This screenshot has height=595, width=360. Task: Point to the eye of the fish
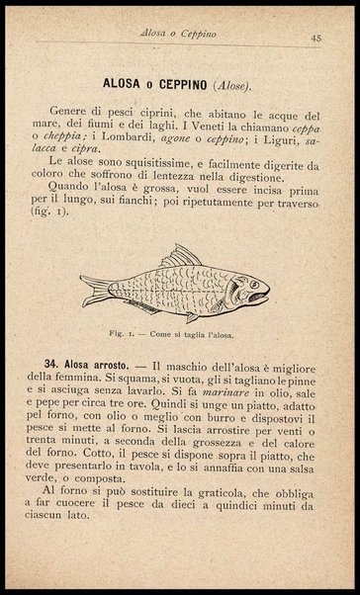tap(252, 283)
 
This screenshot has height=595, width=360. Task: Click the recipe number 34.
tap(61, 367)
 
